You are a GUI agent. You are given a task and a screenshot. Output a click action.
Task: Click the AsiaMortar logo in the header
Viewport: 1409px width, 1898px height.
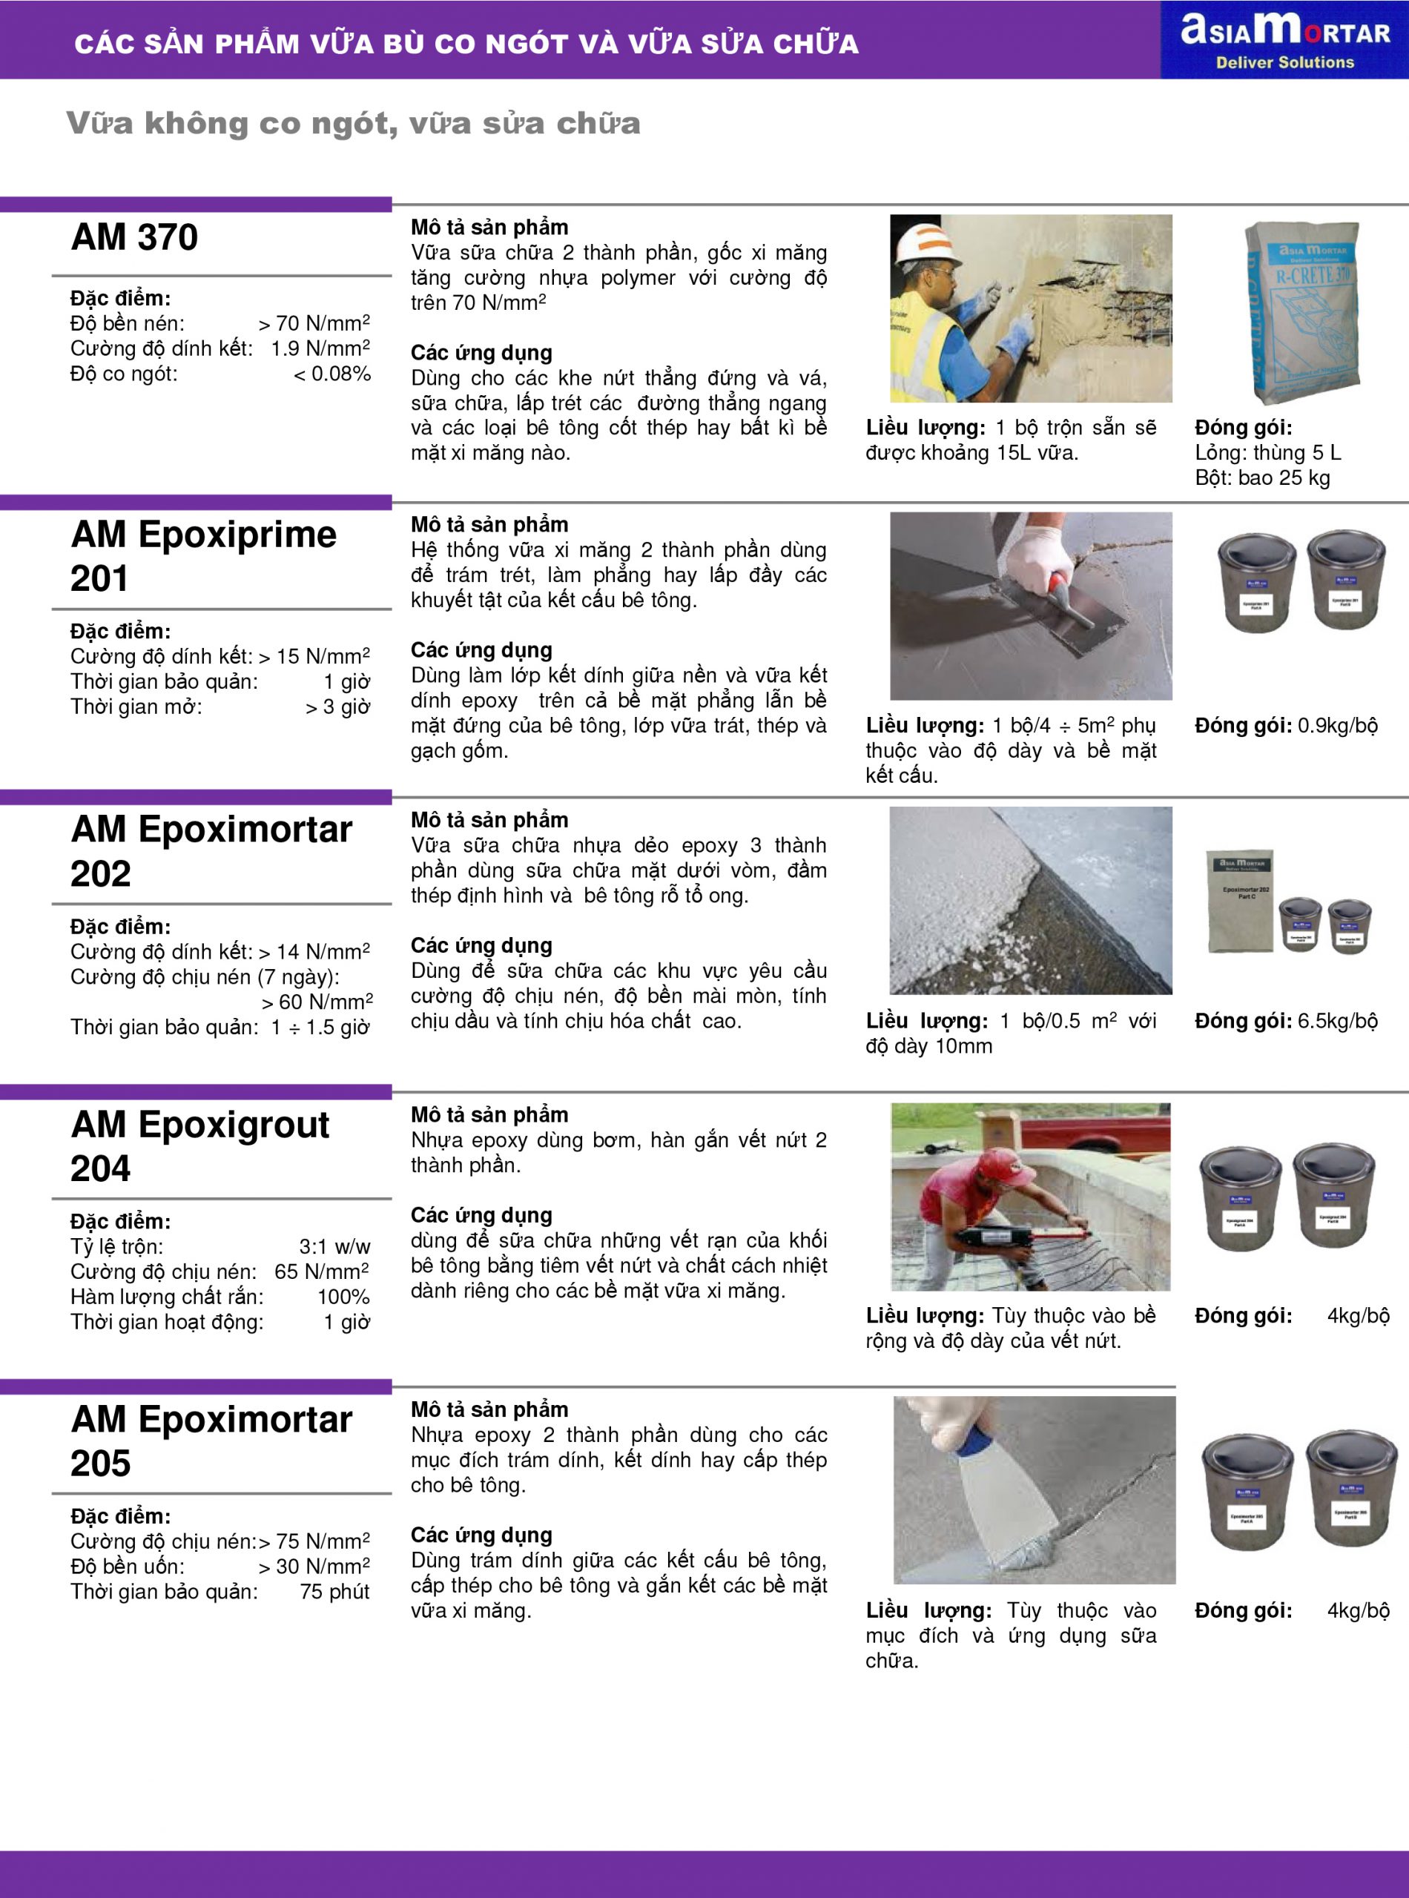[x=1284, y=39]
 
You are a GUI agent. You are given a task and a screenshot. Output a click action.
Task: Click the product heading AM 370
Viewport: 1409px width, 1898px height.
[x=135, y=237]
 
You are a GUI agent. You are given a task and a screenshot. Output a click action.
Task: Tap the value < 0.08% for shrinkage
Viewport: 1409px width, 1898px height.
[x=331, y=374]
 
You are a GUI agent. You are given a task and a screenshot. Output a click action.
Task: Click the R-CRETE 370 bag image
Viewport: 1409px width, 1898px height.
[x=1302, y=311]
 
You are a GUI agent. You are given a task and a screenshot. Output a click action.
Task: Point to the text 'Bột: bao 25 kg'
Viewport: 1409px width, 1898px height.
[x=1262, y=477]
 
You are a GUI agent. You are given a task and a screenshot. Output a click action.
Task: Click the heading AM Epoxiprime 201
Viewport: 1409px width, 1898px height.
[x=203, y=556]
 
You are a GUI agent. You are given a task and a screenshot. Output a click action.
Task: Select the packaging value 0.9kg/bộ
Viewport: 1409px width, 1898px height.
[x=1337, y=726]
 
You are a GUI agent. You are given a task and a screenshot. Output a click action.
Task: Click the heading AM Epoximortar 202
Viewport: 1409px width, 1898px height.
[x=211, y=851]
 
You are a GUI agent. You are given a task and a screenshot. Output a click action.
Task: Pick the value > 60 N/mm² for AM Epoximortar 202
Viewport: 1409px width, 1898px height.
[x=317, y=1002]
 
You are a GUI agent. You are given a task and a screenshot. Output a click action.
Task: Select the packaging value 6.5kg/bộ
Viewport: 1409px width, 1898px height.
[x=1337, y=1021]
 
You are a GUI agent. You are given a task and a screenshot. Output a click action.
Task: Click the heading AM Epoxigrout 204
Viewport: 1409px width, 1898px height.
[x=199, y=1146]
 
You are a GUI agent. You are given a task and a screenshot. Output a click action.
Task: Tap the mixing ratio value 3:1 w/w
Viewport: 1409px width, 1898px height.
[x=334, y=1246]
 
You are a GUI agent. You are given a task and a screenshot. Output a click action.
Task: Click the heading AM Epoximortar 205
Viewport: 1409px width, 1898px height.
[x=211, y=1441]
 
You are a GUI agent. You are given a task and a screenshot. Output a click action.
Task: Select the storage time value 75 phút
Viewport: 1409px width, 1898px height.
[x=334, y=1591]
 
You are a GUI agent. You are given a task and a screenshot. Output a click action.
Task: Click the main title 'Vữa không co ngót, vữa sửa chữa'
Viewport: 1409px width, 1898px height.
[x=353, y=124]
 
